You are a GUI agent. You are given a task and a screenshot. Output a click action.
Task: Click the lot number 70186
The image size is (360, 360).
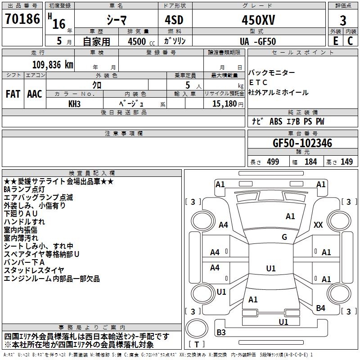[22, 20]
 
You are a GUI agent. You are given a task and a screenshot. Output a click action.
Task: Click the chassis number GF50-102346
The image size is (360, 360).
[302, 143]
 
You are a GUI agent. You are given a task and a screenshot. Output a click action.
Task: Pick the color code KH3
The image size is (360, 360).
[74, 103]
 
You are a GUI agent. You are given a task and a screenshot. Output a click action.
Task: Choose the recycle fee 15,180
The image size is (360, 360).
[224, 103]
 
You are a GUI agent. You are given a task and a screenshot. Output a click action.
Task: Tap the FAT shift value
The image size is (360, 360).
[13, 94]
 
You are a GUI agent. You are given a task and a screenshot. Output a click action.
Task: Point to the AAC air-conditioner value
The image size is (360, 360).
[34, 94]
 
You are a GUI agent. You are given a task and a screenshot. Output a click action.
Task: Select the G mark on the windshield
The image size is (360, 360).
[284, 237]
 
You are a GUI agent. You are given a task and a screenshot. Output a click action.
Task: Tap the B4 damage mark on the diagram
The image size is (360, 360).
[320, 308]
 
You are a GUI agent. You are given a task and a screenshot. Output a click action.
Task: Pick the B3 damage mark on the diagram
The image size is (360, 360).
[221, 332]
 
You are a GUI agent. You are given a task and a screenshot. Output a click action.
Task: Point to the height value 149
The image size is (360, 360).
[346, 162]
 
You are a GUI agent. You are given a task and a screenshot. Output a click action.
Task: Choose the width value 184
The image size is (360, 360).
[310, 162]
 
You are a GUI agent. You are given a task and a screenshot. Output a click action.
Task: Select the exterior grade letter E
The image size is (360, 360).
[335, 41]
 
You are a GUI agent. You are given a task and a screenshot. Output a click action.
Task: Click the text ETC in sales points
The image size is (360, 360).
[258, 83]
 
